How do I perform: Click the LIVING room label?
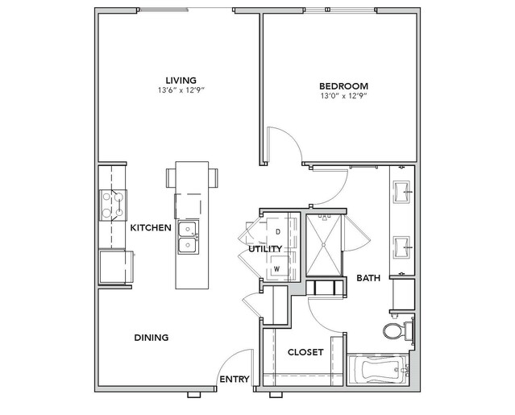(x=181, y=80)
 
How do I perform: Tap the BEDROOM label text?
(x=343, y=86)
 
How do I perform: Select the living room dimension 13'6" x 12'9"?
(x=181, y=90)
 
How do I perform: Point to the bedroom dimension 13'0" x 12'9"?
(x=343, y=96)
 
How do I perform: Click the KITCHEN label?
(x=151, y=227)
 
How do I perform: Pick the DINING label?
(x=152, y=338)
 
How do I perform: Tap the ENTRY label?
(x=235, y=380)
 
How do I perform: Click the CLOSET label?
(x=305, y=352)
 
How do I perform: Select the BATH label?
(x=368, y=278)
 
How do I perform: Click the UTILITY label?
(x=265, y=249)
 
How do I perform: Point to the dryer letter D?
(x=278, y=232)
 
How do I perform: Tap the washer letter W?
(x=277, y=269)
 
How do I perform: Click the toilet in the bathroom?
(x=398, y=330)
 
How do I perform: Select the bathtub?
(x=378, y=369)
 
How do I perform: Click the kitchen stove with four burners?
(x=113, y=205)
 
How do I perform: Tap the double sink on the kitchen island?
(x=189, y=237)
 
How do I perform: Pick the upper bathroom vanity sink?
(x=402, y=191)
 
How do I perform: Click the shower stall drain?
(x=323, y=245)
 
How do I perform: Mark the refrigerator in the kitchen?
(x=115, y=267)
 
